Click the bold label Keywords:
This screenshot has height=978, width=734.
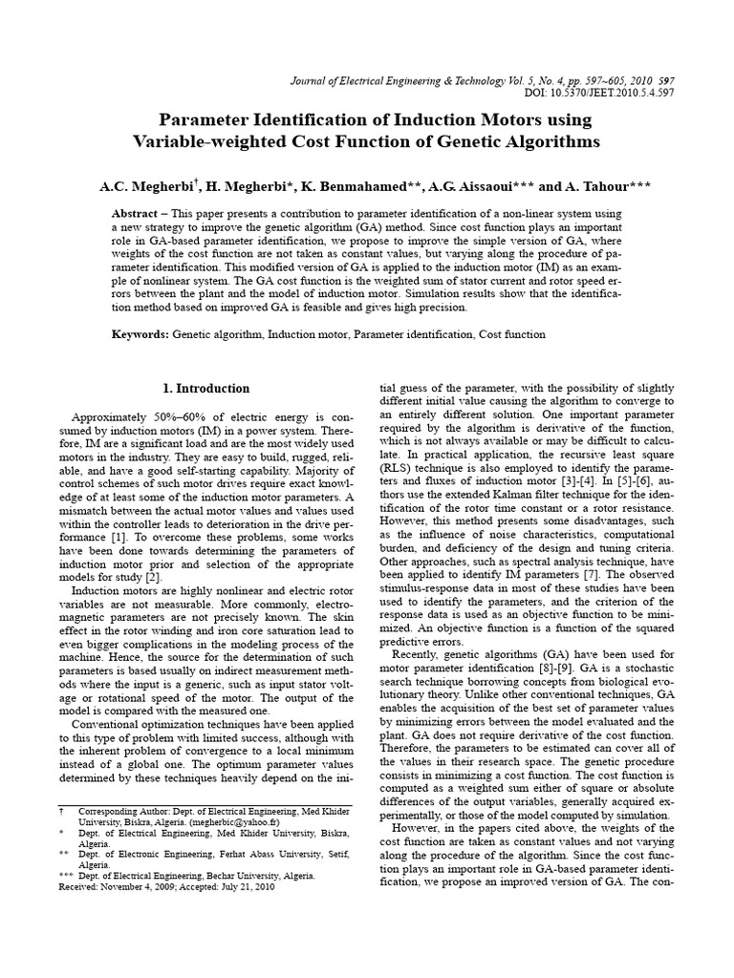click(x=140, y=334)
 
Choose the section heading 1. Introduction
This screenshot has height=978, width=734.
click(x=204, y=389)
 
